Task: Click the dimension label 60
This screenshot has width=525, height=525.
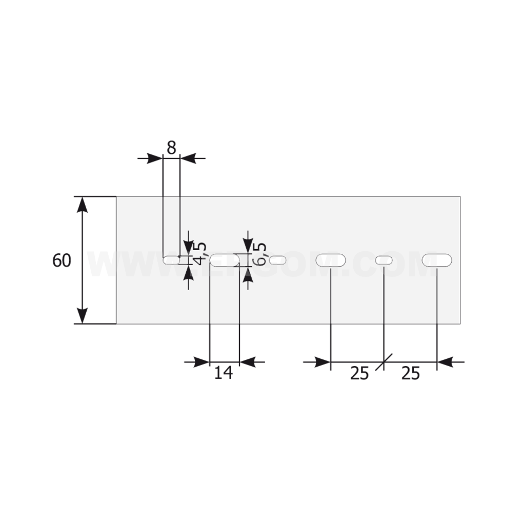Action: tap(62, 260)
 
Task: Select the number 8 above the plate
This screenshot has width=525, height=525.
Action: tap(171, 148)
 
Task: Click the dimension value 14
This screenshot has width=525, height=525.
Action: tap(224, 373)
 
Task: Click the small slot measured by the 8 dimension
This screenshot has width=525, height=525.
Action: tap(171, 260)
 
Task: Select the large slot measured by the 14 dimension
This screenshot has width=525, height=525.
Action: tap(225, 260)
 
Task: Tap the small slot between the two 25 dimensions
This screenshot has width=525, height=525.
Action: tap(384, 260)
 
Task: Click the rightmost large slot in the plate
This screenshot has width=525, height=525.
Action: tap(437, 260)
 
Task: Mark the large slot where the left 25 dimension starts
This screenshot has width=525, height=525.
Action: tap(331, 260)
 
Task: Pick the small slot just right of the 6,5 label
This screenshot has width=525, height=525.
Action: tap(278, 260)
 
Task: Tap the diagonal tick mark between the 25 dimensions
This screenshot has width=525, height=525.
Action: tap(384, 362)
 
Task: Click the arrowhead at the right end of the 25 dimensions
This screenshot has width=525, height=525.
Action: tap(446, 362)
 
